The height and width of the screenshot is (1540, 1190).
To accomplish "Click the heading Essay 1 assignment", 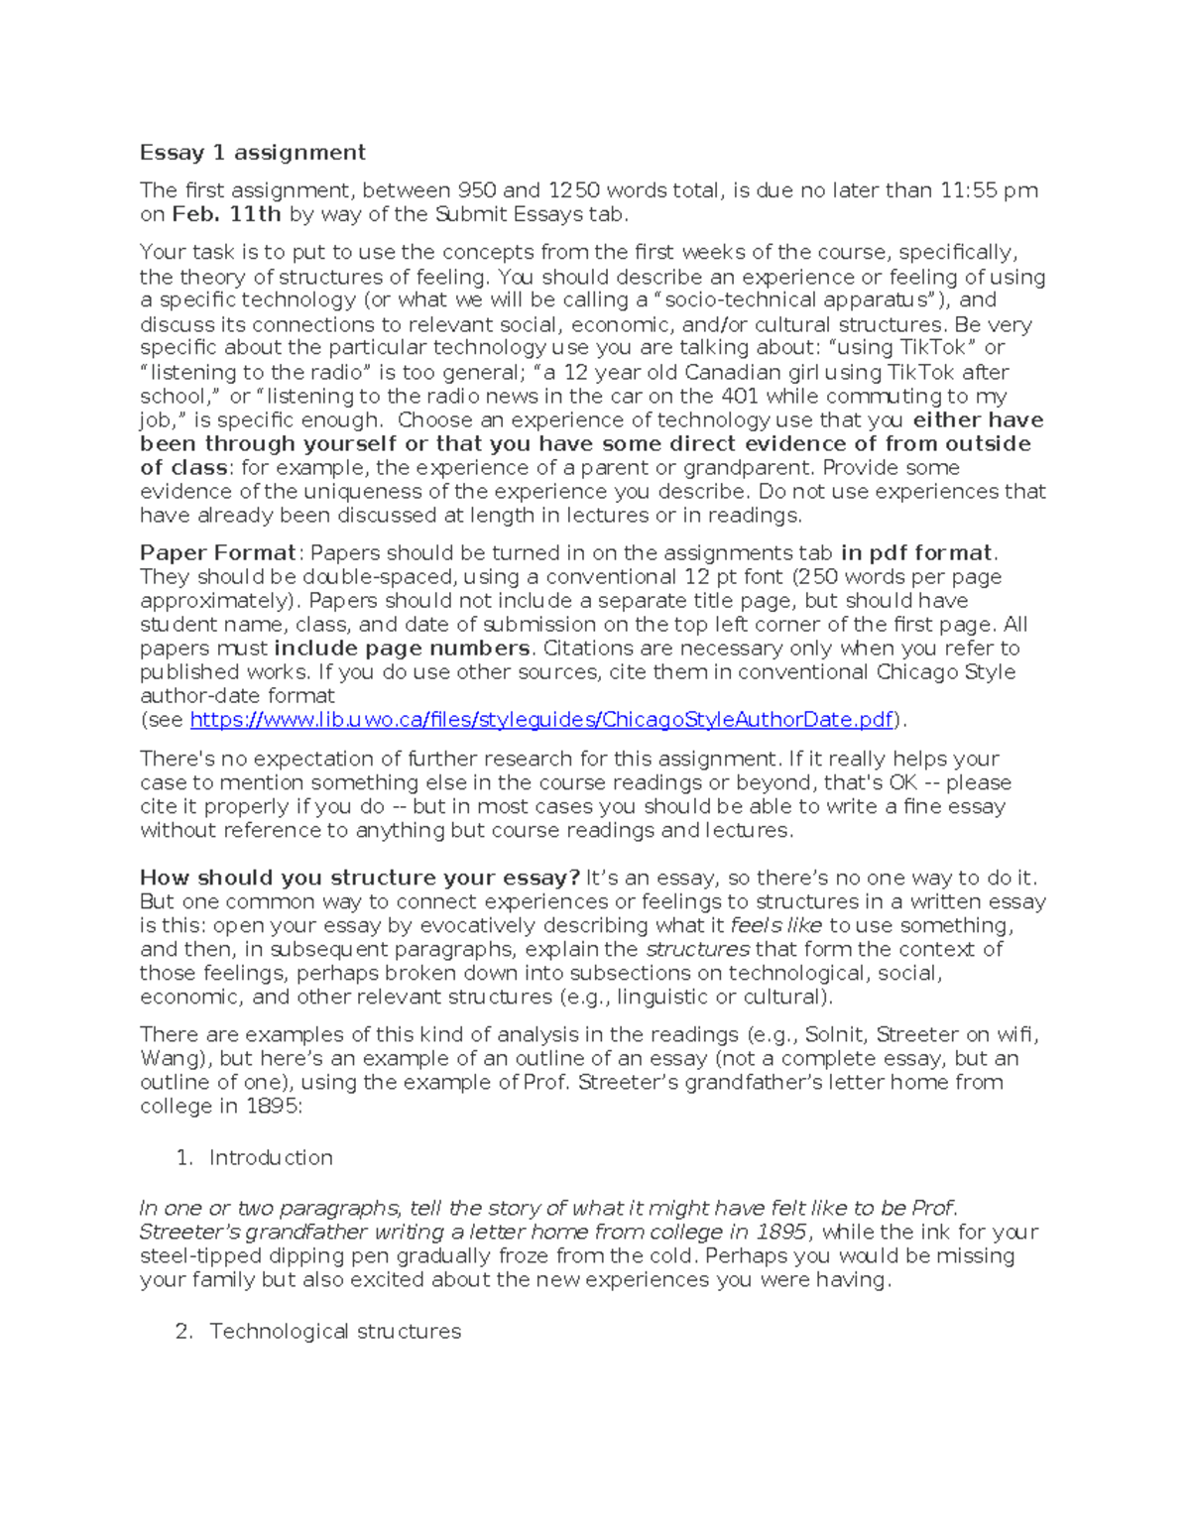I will (252, 152).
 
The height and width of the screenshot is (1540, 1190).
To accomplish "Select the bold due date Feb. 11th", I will (226, 214).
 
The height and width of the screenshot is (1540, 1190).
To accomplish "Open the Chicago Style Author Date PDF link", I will (541, 720).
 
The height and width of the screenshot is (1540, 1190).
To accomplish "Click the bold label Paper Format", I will (217, 553).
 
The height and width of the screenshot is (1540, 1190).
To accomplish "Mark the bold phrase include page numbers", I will (402, 649).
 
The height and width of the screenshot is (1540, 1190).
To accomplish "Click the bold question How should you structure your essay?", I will (359, 878).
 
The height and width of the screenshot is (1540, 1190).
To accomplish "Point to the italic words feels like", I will (775, 925).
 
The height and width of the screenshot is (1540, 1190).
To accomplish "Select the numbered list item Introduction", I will (270, 1157).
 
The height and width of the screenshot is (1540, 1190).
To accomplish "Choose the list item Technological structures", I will (334, 1331).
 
